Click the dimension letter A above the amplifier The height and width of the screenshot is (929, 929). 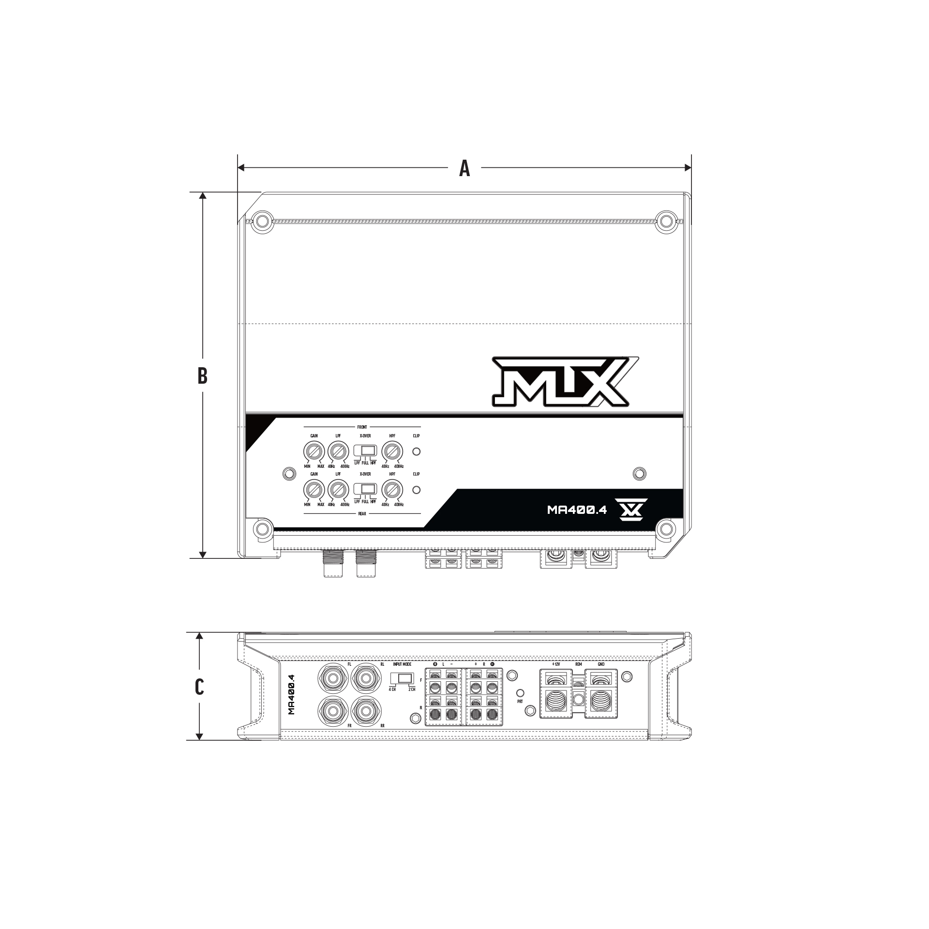tap(464, 168)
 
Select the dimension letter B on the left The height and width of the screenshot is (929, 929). tap(202, 375)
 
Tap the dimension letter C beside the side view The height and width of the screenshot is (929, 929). tap(199, 687)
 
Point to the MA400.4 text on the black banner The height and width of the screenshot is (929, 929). tap(576, 510)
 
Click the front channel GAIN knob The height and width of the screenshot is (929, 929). tap(314, 452)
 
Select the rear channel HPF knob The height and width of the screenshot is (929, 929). tap(392, 490)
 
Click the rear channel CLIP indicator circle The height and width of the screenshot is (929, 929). tap(416, 490)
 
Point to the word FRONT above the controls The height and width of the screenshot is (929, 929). tap(362, 427)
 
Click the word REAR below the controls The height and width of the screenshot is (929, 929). tap(362, 514)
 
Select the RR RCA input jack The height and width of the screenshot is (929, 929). tap(366, 710)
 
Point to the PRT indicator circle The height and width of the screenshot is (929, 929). tap(520, 693)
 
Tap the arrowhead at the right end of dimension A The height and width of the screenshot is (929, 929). tap(688, 168)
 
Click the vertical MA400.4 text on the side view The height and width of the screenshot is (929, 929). tap(292, 694)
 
